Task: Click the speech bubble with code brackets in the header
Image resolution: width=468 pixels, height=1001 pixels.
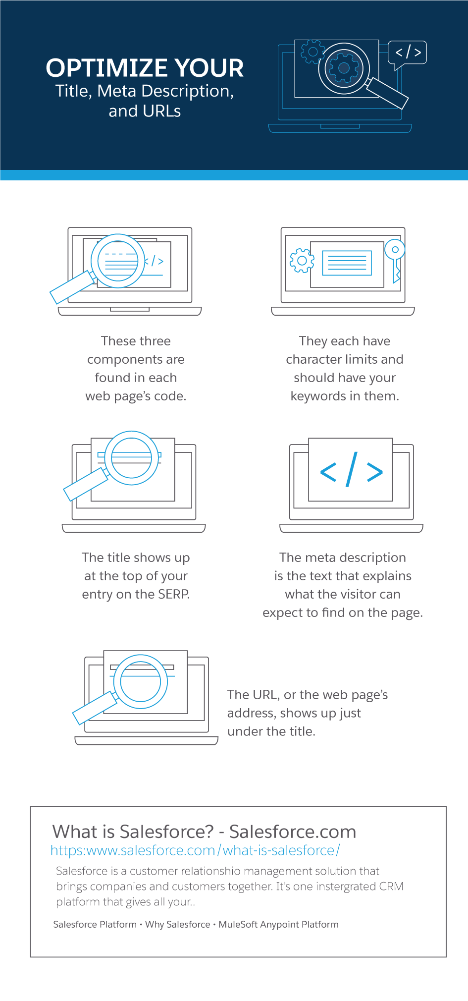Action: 408,53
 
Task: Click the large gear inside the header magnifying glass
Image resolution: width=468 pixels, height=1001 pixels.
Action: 344,68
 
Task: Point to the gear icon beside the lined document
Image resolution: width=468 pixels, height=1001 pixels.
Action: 302,261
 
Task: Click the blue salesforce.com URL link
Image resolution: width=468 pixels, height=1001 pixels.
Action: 195,850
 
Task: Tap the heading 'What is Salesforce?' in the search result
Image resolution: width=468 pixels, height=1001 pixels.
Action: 133,832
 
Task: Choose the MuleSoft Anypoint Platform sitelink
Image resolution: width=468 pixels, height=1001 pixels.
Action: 278,925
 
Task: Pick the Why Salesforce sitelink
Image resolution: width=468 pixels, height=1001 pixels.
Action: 177,925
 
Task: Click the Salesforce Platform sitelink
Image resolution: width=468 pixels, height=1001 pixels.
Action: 95,925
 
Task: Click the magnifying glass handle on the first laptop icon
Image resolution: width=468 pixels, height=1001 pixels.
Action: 72,287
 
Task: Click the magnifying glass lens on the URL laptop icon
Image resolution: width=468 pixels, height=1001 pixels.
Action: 141,682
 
